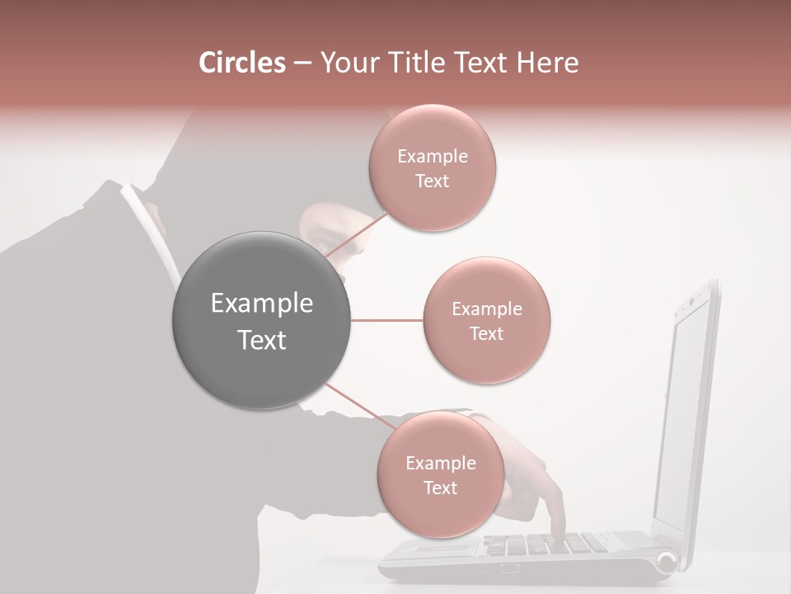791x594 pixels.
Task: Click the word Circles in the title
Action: click(x=241, y=63)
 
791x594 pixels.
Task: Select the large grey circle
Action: click(x=262, y=320)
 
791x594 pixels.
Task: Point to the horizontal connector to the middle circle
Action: click(x=387, y=320)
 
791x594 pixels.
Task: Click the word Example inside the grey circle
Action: click(x=262, y=303)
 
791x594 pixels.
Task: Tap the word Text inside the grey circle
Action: click(x=262, y=340)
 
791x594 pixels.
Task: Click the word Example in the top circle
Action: click(x=433, y=156)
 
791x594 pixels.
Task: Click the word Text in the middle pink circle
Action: click(x=486, y=333)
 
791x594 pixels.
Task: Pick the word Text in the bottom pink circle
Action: click(x=440, y=488)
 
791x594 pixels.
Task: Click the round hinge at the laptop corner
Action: click(x=666, y=563)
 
